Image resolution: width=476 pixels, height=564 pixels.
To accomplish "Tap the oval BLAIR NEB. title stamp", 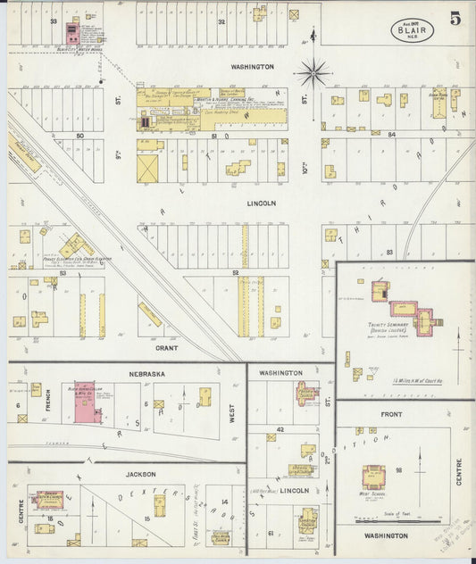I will coord(412,29).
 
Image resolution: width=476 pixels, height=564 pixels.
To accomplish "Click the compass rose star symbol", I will coord(313,72).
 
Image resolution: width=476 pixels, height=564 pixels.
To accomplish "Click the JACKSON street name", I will coord(141,474).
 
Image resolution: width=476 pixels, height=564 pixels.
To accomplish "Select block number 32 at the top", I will coord(221,21).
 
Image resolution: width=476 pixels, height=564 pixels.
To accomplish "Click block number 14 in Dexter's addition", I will coord(225,501).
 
